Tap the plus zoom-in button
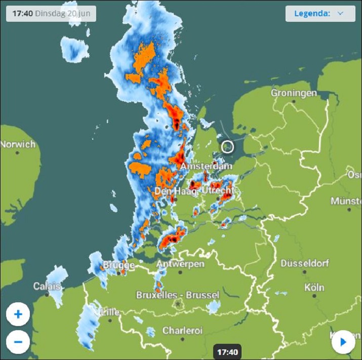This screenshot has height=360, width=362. pos(18,314)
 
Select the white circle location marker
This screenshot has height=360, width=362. pos(228,147)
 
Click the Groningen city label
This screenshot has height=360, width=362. pos(294,93)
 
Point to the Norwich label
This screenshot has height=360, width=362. pos(18,144)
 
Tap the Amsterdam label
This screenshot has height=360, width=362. pos(207,166)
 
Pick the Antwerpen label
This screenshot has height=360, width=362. pos(180,264)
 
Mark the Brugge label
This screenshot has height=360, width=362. pos(119,265)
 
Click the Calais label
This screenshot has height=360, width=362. pos(47,287)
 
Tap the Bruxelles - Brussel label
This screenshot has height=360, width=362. pos(178,295)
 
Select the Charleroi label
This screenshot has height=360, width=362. pos(182,330)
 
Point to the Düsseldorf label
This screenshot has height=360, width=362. pos(305,263)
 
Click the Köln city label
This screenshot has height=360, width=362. pos(314,287)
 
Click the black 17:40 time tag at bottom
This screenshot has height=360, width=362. pos(227,351)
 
